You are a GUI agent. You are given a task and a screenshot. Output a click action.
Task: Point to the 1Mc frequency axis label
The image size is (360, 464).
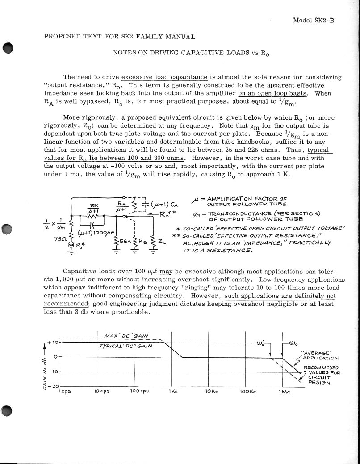(284, 392)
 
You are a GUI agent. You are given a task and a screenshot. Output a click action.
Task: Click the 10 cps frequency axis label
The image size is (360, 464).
(102, 392)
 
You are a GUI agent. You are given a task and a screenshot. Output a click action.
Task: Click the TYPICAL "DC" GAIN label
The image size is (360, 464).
(126, 346)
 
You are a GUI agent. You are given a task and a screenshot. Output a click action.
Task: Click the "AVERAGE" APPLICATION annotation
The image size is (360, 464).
(320, 355)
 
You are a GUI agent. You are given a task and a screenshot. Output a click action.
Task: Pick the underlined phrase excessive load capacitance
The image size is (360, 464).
(164, 77)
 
